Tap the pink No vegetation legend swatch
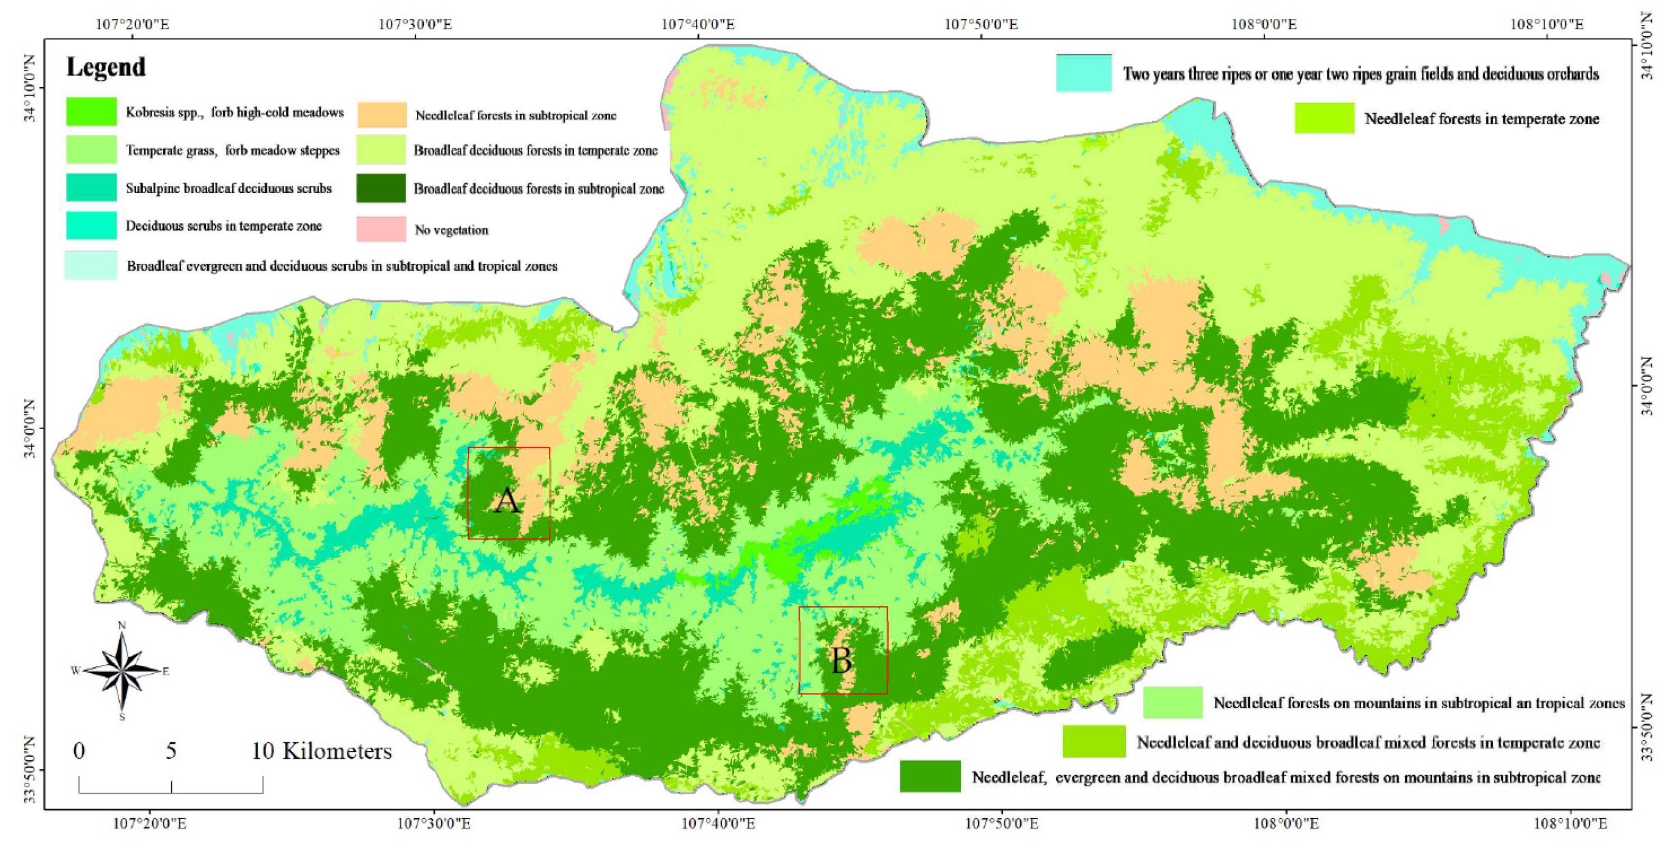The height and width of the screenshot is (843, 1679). pyautogui.click(x=381, y=229)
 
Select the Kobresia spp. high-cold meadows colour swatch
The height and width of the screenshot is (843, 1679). pyautogui.click(x=91, y=112)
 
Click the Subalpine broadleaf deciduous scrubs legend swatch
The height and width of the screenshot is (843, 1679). pyautogui.click(x=91, y=188)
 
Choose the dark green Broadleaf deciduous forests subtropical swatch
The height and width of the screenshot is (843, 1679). pyautogui.click(x=381, y=189)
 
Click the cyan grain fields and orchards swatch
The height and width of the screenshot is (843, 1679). pyautogui.click(x=1083, y=73)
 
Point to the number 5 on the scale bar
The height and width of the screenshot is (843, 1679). pyautogui.click(x=171, y=751)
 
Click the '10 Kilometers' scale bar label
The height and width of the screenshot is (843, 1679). pyautogui.click(x=321, y=751)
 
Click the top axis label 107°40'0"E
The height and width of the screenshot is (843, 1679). pyautogui.click(x=698, y=25)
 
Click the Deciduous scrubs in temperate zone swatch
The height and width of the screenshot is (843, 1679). pyautogui.click(x=91, y=226)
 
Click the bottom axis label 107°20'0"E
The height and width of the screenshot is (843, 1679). pyautogui.click(x=150, y=823)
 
